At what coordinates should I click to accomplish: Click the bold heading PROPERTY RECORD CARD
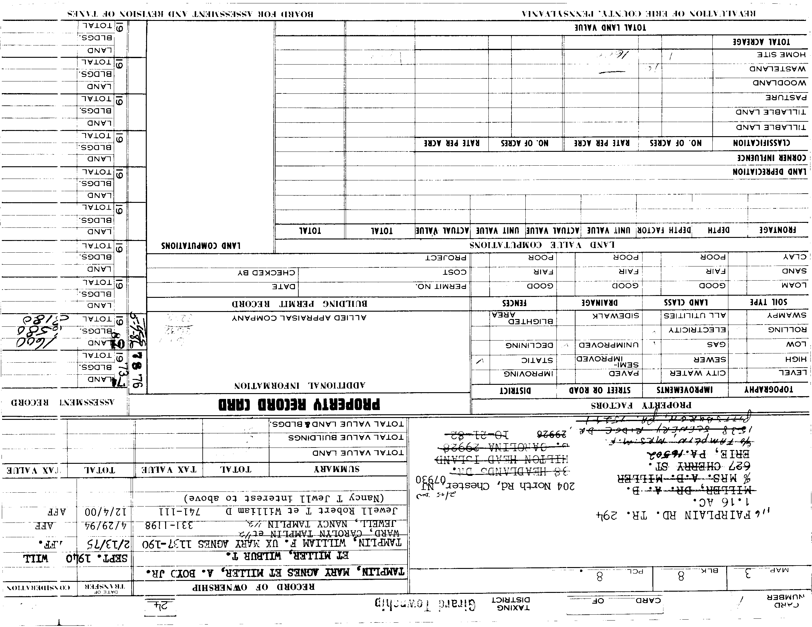click(299, 404)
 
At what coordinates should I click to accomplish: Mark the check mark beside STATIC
click(480, 361)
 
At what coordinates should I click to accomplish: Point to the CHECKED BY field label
click(266, 273)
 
